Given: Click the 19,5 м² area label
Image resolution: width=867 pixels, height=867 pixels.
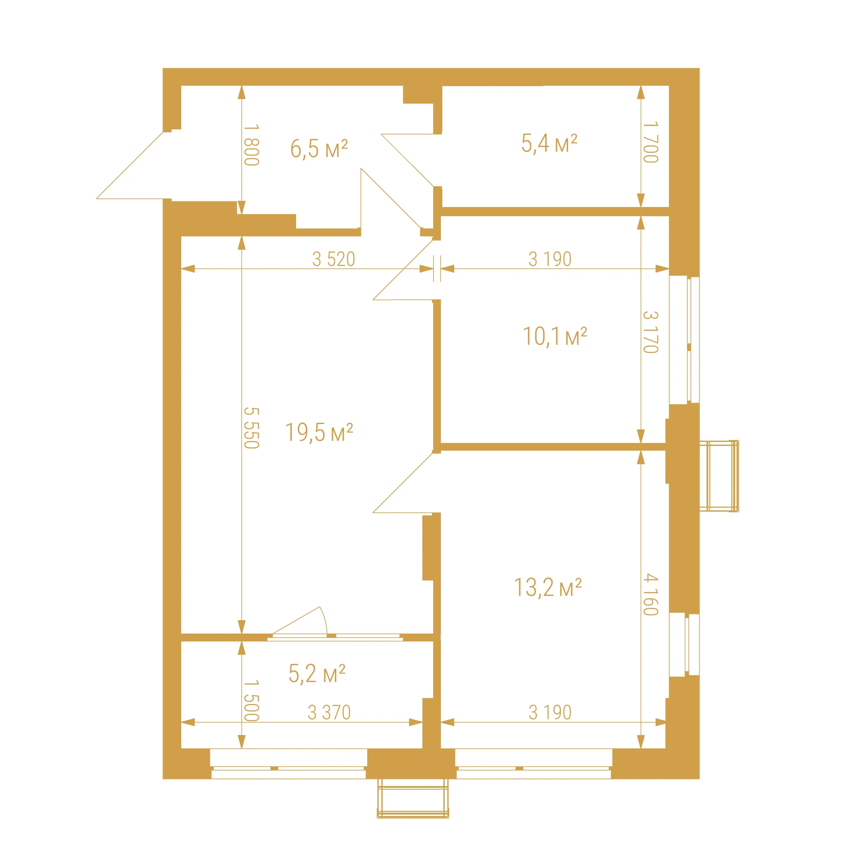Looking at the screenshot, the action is pos(319,432).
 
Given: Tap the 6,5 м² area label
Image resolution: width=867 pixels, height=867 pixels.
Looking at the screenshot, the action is pos(319,149).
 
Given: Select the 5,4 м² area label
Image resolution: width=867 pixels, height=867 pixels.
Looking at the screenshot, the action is pos(549,144).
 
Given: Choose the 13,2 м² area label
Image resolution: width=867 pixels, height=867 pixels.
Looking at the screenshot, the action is pos(548,587).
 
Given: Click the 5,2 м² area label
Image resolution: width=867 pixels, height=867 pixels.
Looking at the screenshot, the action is pos(317,674).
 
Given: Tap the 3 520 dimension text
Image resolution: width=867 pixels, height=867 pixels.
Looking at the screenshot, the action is pos(334,259).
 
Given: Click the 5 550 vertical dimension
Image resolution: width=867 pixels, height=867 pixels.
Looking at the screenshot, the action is pos(251,428).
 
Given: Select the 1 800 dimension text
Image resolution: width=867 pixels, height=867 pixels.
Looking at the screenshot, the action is pos(251,145).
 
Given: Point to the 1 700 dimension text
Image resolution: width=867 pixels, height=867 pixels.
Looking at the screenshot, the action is pos(651,142).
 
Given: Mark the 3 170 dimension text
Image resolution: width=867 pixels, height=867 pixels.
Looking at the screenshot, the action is pos(651,332).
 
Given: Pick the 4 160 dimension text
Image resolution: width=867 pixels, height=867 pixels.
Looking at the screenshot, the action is pos(651,595).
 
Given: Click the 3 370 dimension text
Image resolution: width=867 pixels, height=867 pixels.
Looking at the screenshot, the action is pos(329,713).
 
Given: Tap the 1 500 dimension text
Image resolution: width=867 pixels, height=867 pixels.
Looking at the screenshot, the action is pos(251,700).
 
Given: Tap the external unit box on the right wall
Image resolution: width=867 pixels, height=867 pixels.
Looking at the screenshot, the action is pos(719,476).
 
